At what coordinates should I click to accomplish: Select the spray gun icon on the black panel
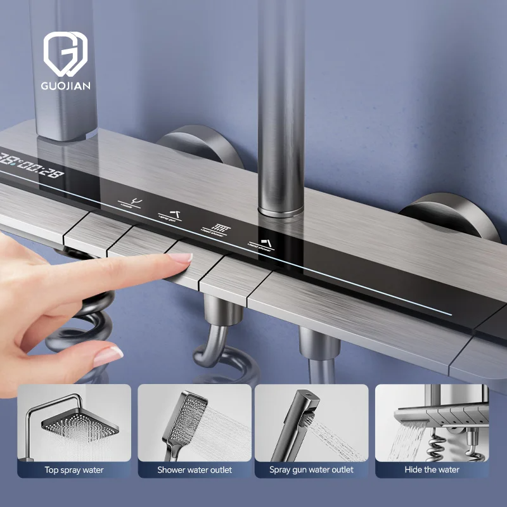173,214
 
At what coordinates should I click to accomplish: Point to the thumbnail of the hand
107,356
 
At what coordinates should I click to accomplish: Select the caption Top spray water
74,470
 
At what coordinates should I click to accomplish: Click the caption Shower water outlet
195,470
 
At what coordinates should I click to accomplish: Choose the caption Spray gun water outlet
311,470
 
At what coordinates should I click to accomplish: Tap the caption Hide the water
432,470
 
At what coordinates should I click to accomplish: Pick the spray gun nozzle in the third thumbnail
298,415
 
